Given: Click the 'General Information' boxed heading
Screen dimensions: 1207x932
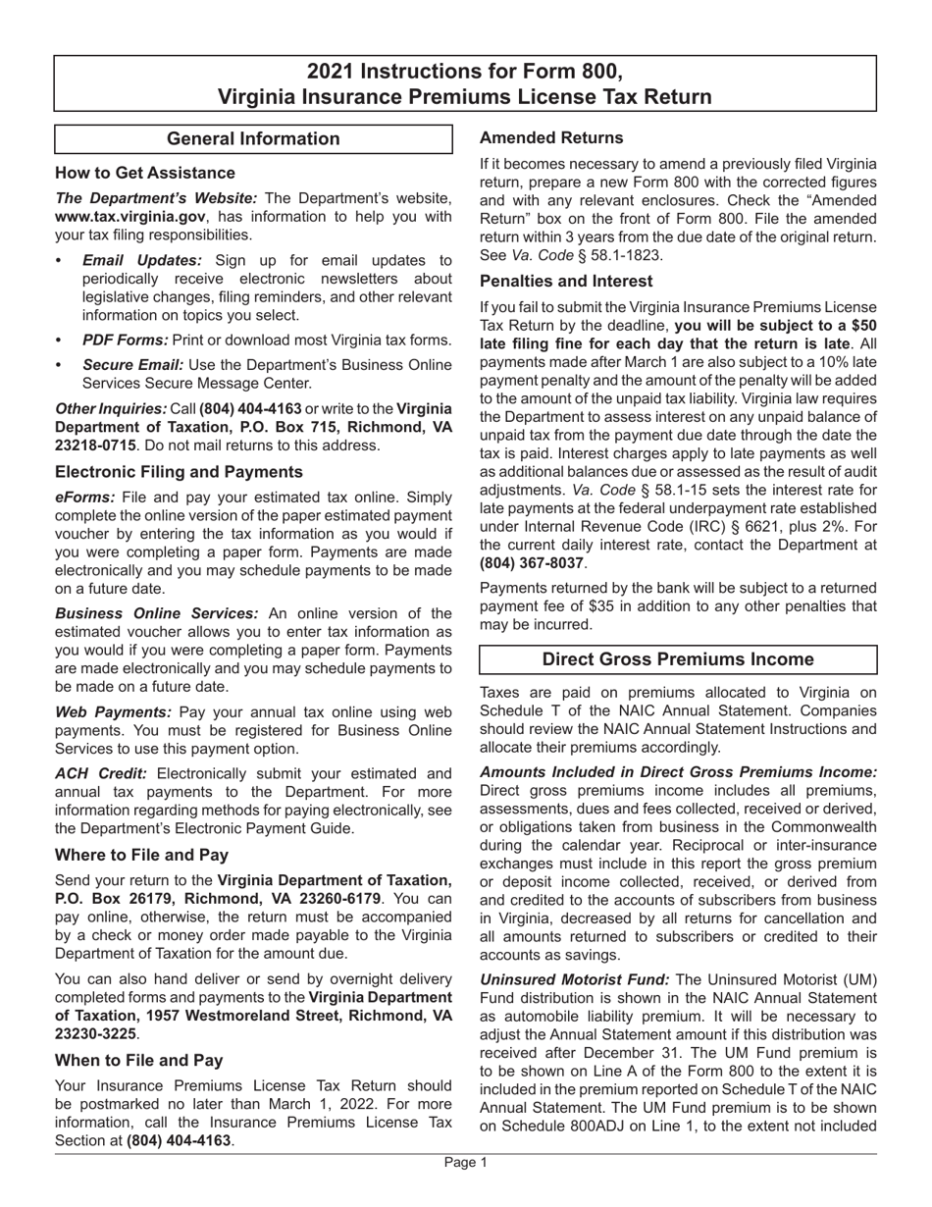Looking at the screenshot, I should pos(253,139).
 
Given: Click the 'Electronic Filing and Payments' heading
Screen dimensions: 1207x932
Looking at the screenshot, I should pos(179,472).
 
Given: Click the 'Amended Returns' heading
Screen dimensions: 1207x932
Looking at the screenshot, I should pos(551,138).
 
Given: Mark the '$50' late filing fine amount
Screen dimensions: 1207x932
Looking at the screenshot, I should pos(861,324).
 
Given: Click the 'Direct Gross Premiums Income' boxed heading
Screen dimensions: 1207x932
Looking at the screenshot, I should pos(678,659).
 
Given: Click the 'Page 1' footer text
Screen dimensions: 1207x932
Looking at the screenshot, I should pos(465,1163).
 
